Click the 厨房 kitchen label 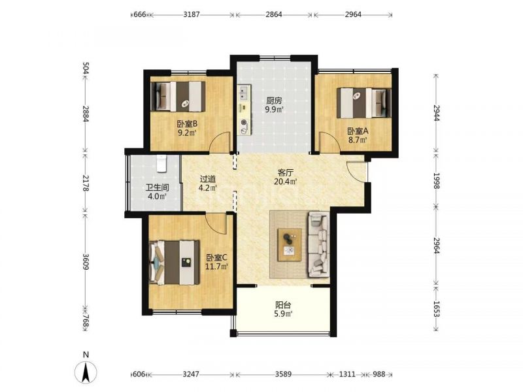coord(274,101)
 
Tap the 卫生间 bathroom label coord(157,188)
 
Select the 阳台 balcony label coord(284,304)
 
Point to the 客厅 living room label coord(286,172)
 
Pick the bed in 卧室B coord(178,97)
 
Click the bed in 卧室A coord(363,103)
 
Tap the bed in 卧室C coord(175,263)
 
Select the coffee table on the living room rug coord(290,245)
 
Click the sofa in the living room coord(318,244)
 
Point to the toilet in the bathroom coord(161,164)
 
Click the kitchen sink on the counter coord(243,93)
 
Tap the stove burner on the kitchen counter coord(244,122)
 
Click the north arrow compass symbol coord(86,371)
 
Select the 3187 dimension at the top coord(192,14)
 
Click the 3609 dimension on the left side coord(86,262)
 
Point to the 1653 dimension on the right coord(436,308)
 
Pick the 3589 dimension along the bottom coord(283,374)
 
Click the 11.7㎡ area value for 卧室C coord(216,267)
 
